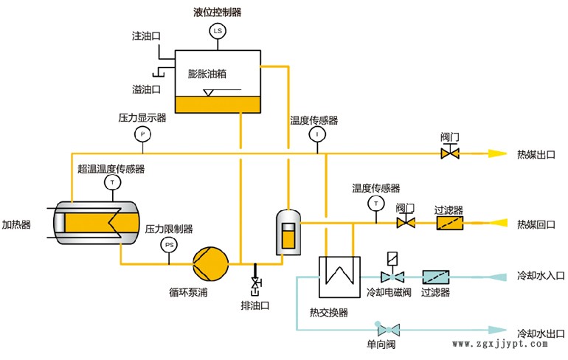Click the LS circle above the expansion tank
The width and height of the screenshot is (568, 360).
(217, 31)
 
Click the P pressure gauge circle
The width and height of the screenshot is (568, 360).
(142, 134)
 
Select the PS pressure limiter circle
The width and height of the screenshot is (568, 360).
(169, 244)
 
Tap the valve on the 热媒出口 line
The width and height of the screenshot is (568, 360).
(449, 153)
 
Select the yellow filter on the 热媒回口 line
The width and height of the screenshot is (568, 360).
(449, 222)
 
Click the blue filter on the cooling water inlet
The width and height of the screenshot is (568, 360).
(435, 277)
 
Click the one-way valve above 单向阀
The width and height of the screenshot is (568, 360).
(393, 328)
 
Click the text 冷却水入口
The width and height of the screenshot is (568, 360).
(540, 276)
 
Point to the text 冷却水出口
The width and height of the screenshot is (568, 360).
(540, 333)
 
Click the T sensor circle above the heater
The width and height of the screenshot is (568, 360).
(111, 182)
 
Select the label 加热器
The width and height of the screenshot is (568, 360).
(16, 224)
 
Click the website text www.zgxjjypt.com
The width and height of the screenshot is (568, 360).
(500, 344)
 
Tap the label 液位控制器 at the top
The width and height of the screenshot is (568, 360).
(217, 12)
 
